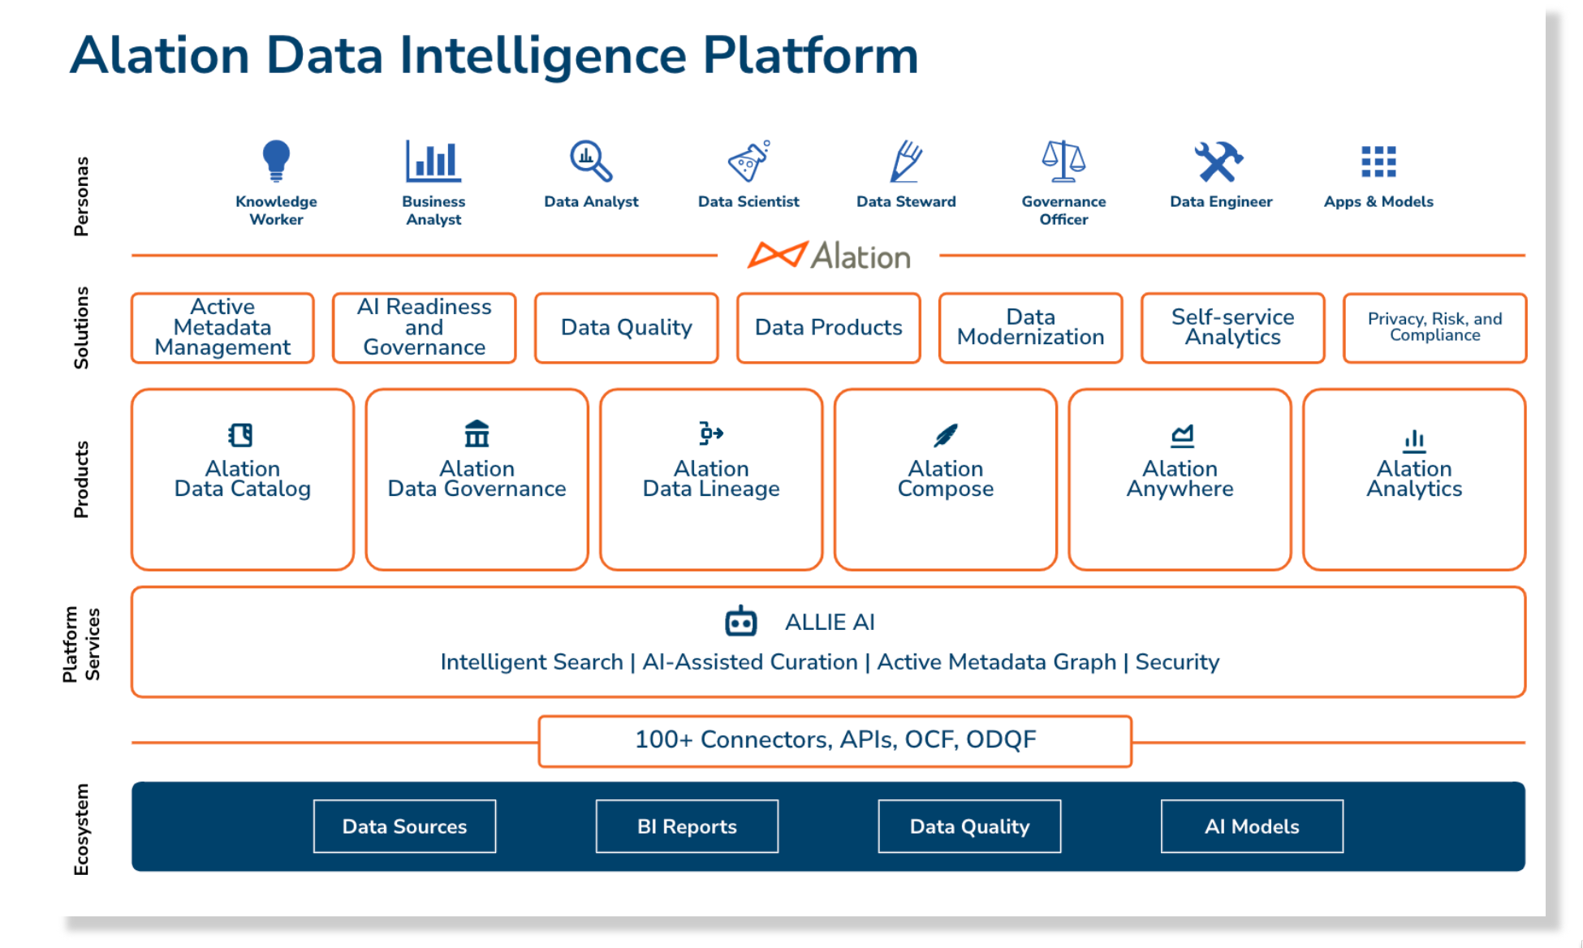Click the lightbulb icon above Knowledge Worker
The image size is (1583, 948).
click(x=276, y=159)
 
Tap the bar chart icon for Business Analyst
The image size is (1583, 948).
click(x=433, y=161)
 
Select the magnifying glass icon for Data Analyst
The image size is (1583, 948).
click(x=590, y=161)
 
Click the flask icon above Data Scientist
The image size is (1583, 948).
click(x=748, y=161)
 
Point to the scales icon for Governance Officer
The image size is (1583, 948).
click(x=1063, y=161)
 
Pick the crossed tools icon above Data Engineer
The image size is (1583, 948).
click(x=1218, y=161)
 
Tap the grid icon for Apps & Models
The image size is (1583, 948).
click(x=1378, y=162)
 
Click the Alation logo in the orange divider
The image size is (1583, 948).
click(x=829, y=256)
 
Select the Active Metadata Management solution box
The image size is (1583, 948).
click(x=222, y=328)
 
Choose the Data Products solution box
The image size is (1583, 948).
click(x=829, y=328)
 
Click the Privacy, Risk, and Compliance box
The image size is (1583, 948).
click(x=1434, y=328)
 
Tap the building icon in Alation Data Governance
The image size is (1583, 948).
click(x=477, y=434)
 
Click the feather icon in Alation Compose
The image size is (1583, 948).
click(x=945, y=435)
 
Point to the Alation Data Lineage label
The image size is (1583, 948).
click(x=711, y=479)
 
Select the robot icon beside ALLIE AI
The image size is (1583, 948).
click(x=740, y=622)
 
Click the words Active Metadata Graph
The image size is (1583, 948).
click(x=996, y=662)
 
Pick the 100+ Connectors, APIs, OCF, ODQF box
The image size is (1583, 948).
click(x=835, y=740)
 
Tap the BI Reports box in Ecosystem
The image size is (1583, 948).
click(x=687, y=826)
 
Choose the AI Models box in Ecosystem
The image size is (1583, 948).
click(x=1252, y=826)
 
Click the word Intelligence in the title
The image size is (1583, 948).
click(x=543, y=57)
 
